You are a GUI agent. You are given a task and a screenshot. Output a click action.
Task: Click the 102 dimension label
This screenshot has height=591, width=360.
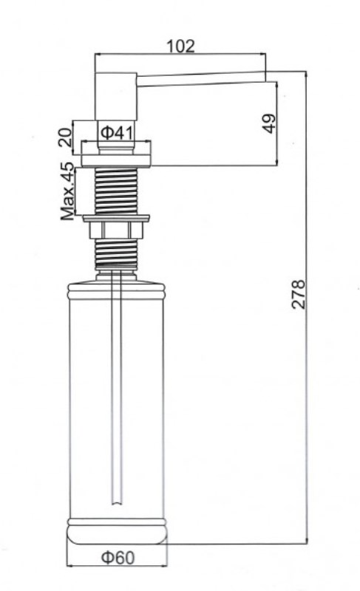coord(180,47)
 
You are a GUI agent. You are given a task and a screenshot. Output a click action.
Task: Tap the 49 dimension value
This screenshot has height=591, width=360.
coord(269,123)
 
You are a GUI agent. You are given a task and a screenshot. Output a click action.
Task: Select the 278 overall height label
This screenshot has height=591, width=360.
coord(298,294)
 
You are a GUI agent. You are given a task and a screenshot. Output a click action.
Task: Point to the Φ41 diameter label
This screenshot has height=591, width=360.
coord(117,132)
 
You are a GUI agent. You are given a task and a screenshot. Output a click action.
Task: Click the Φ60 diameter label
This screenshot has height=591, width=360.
coord(118,558)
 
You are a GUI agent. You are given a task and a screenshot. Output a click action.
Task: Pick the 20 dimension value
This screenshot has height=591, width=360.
coord(65,137)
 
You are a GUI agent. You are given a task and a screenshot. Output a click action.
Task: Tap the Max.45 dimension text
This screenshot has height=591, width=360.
coord(68,191)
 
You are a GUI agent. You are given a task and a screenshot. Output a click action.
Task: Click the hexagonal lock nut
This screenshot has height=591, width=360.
coord(115,230)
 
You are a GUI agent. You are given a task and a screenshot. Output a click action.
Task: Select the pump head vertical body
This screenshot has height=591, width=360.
coord(115,97)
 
